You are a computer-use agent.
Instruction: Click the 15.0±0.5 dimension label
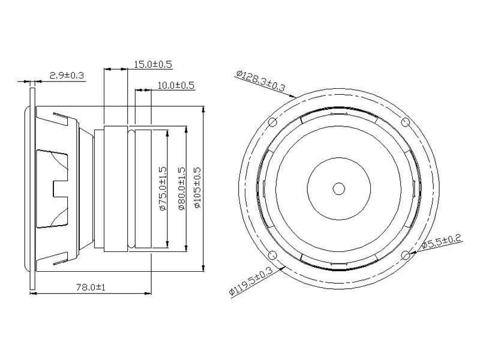(153, 64)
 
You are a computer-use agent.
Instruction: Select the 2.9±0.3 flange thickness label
(67, 76)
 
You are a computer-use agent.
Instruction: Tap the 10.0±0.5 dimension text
(176, 85)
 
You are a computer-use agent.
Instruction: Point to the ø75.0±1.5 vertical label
(163, 188)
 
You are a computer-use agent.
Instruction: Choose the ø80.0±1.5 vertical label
(182, 188)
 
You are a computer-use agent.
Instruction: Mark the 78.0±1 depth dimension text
(91, 287)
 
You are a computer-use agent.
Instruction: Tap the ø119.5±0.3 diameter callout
(251, 281)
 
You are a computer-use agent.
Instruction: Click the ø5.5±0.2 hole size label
(442, 241)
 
